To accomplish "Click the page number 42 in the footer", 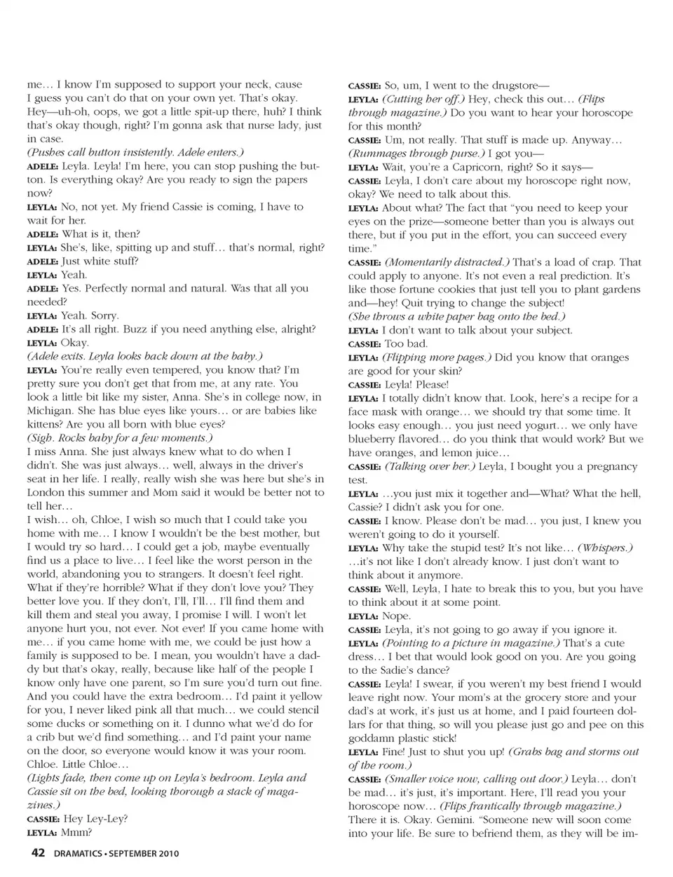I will point(37,853).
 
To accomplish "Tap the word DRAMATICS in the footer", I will point(76,854).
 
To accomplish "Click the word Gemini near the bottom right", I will point(456,820).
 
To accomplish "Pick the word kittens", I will point(47,424).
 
